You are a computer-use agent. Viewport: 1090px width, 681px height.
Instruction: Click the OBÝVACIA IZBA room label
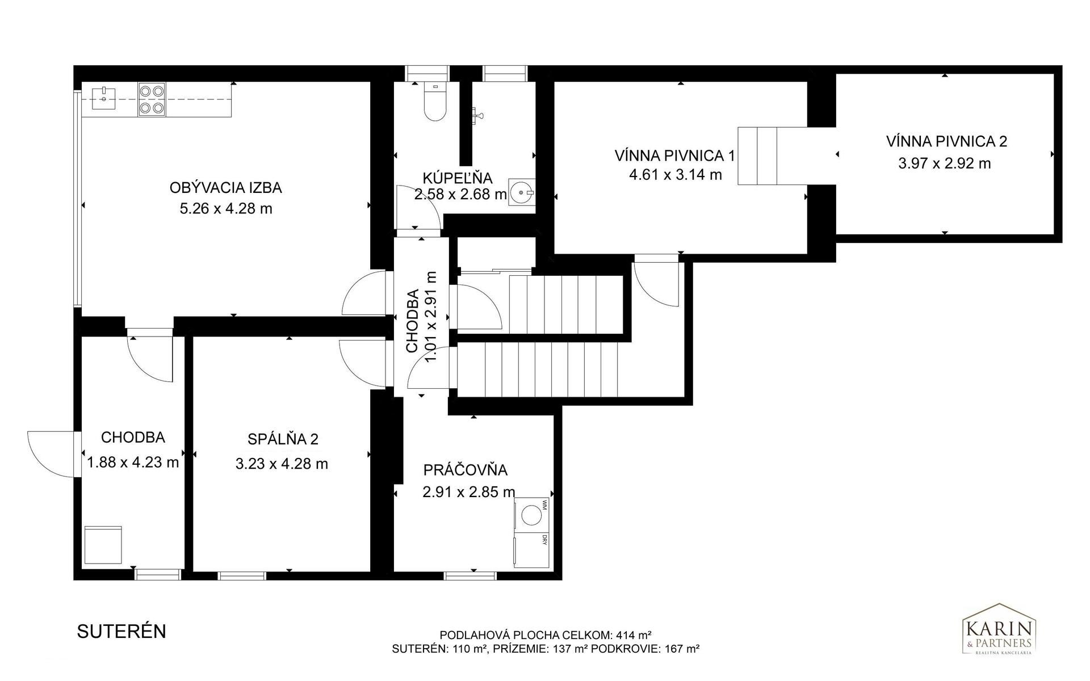(225, 187)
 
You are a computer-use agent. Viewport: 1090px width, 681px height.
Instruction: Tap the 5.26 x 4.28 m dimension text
(226, 209)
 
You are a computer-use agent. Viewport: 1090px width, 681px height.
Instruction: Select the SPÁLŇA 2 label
(283, 439)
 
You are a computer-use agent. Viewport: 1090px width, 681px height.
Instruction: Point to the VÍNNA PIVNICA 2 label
(946, 141)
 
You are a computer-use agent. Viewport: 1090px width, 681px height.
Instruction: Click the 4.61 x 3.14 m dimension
(676, 175)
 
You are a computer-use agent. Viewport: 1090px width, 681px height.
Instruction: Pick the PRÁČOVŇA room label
(466, 470)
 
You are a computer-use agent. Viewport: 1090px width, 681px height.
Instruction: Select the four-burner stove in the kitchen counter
(152, 99)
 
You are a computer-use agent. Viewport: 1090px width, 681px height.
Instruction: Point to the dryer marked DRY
(531, 550)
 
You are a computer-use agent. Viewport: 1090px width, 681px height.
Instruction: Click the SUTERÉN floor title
(121, 632)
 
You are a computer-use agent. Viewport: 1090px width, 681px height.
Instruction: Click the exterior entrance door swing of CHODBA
(51, 454)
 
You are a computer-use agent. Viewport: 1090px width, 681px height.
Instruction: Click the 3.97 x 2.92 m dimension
(945, 164)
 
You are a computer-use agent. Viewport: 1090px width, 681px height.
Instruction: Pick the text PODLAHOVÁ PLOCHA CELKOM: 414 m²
(546, 635)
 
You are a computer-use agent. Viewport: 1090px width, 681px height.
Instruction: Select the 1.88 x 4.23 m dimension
(133, 463)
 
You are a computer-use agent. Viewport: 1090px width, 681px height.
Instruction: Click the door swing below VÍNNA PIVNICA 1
(656, 280)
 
